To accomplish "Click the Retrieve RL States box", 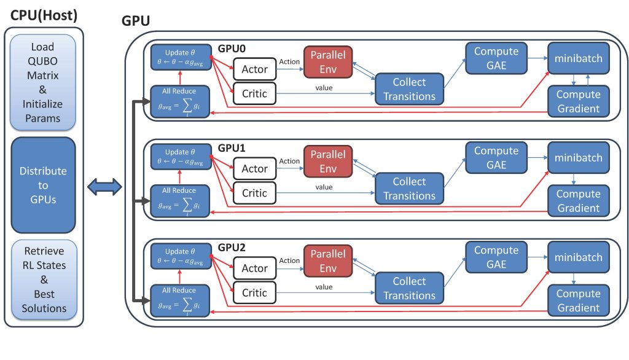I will tap(43, 280).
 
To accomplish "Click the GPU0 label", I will tap(232, 48).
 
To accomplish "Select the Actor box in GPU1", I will tap(254, 168).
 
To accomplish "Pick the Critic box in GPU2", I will tap(254, 292).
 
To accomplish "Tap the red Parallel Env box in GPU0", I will tap(327, 62).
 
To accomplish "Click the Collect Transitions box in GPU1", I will tap(409, 189).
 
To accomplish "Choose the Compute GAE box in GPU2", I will tap(496, 257).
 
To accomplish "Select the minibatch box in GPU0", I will tap(578, 58).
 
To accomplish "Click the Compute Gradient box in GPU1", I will tap(578, 201).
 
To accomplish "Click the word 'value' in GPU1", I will tap(324, 187).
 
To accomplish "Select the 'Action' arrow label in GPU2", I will tap(289, 261).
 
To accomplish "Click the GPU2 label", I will tap(232, 248).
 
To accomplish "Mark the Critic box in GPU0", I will tap(254, 93).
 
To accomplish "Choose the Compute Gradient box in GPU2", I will tap(578, 300).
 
